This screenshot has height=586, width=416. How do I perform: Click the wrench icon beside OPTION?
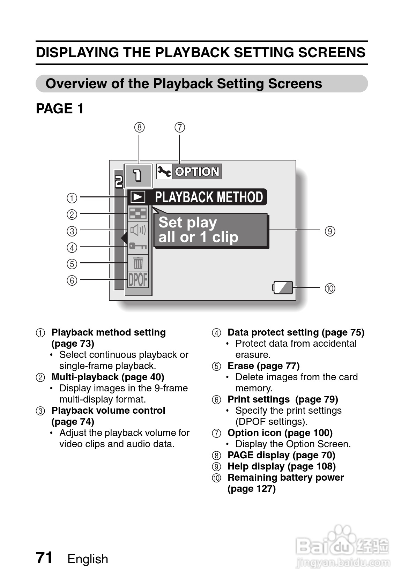tap(164, 172)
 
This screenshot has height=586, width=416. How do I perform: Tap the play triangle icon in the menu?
tap(138, 197)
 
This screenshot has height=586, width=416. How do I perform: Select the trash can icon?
tap(138, 263)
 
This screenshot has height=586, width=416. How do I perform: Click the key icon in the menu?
tap(138, 246)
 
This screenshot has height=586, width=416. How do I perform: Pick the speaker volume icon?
tap(138, 230)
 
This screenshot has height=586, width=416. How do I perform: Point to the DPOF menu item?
tap(138, 279)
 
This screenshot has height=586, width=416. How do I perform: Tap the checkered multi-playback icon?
tap(138, 213)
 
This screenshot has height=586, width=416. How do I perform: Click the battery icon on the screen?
tap(282, 287)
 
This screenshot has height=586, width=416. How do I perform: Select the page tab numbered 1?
tap(138, 176)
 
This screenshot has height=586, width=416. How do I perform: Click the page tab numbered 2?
tap(119, 181)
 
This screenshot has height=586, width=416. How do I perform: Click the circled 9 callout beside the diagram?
tap(330, 231)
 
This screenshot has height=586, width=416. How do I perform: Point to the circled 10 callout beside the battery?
tap(330, 288)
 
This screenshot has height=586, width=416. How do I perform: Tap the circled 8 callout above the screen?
tap(140, 127)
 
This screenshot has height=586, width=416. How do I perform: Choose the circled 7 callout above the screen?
tap(180, 127)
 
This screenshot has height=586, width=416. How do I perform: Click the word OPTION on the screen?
tap(197, 172)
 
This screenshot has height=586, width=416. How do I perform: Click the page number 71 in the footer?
tap(44, 557)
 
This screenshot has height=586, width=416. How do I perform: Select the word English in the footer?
tap(88, 559)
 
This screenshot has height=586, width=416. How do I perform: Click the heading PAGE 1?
tap(60, 108)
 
